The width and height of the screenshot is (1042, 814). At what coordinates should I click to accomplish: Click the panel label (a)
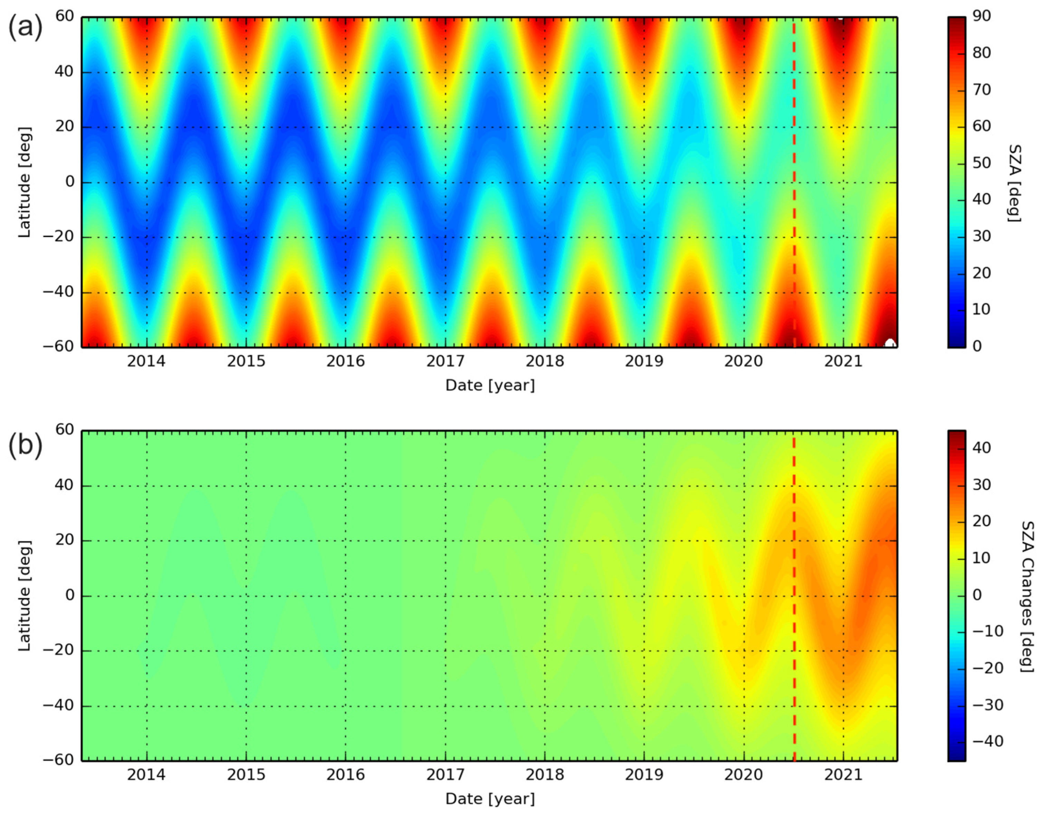(25, 27)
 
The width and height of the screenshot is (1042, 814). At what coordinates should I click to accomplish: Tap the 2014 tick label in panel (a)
(146, 362)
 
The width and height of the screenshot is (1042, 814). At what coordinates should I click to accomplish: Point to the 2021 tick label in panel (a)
(843, 362)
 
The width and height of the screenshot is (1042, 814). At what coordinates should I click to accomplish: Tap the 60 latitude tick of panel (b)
(64, 430)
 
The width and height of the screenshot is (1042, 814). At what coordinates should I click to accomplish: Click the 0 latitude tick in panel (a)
(70, 182)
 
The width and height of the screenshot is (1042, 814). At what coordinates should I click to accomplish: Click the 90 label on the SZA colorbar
(982, 16)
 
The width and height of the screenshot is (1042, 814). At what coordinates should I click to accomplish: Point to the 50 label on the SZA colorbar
(982, 163)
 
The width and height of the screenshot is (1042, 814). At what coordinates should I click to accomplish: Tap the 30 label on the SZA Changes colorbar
(982, 485)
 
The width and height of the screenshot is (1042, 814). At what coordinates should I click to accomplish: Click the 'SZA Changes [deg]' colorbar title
(1027, 597)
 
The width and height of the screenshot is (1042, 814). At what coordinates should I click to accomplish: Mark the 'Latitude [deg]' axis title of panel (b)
(25, 596)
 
